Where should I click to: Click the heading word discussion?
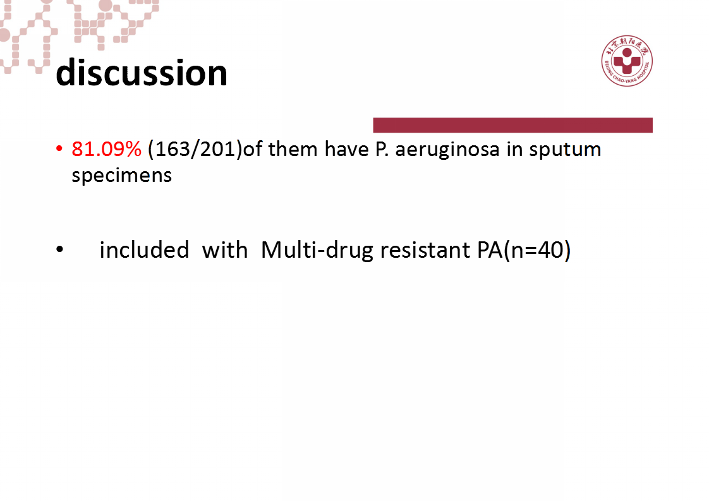pos(142,73)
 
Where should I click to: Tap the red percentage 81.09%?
pos(106,149)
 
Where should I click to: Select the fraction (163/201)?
pos(195,150)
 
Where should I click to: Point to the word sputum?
pos(565,150)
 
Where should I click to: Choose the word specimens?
pos(121,176)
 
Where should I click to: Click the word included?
pos(144,250)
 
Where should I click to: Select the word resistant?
pos(425,250)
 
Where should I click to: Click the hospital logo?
pos(627,61)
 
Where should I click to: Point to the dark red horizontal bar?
pos(512,125)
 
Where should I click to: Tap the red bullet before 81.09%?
pos(59,148)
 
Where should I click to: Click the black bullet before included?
pos(59,250)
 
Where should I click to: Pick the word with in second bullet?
pos(225,250)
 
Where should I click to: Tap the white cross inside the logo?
pos(627,63)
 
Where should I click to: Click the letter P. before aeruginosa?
pos(382,150)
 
